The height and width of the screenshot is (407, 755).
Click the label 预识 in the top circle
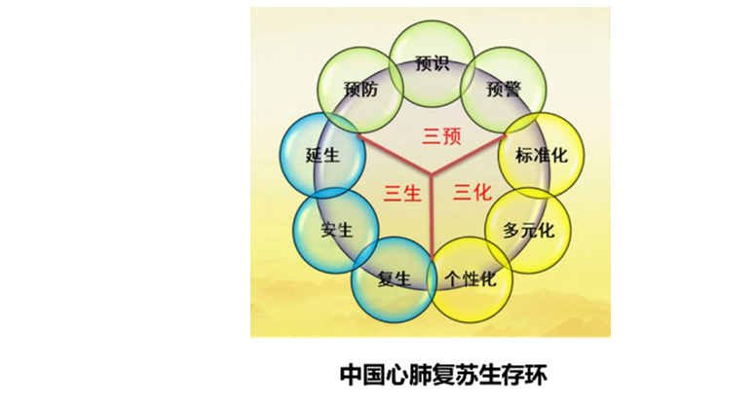(x=432, y=63)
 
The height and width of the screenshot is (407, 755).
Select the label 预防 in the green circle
(x=360, y=89)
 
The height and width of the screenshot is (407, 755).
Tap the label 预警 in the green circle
(x=504, y=89)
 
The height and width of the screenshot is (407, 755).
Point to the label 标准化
(x=542, y=156)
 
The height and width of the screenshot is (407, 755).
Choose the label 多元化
(x=529, y=231)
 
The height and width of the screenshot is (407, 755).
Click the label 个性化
(x=470, y=279)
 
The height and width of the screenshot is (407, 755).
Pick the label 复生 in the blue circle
(x=394, y=279)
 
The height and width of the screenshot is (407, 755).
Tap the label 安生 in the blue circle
(x=337, y=230)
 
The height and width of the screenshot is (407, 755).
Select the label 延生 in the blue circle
(x=322, y=156)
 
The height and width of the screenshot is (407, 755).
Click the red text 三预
(x=441, y=136)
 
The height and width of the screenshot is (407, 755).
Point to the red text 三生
(x=402, y=194)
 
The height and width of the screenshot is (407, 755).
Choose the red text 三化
(x=472, y=193)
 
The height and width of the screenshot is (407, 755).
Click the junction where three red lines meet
(x=432, y=173)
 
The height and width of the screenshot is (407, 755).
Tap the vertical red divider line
(x=432, y=216)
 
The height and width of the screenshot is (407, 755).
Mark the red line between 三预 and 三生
(x=394, y=155)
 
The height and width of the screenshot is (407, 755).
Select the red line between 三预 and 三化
(x=469, y=155)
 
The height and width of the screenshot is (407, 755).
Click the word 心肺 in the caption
(x=398, y=375)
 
